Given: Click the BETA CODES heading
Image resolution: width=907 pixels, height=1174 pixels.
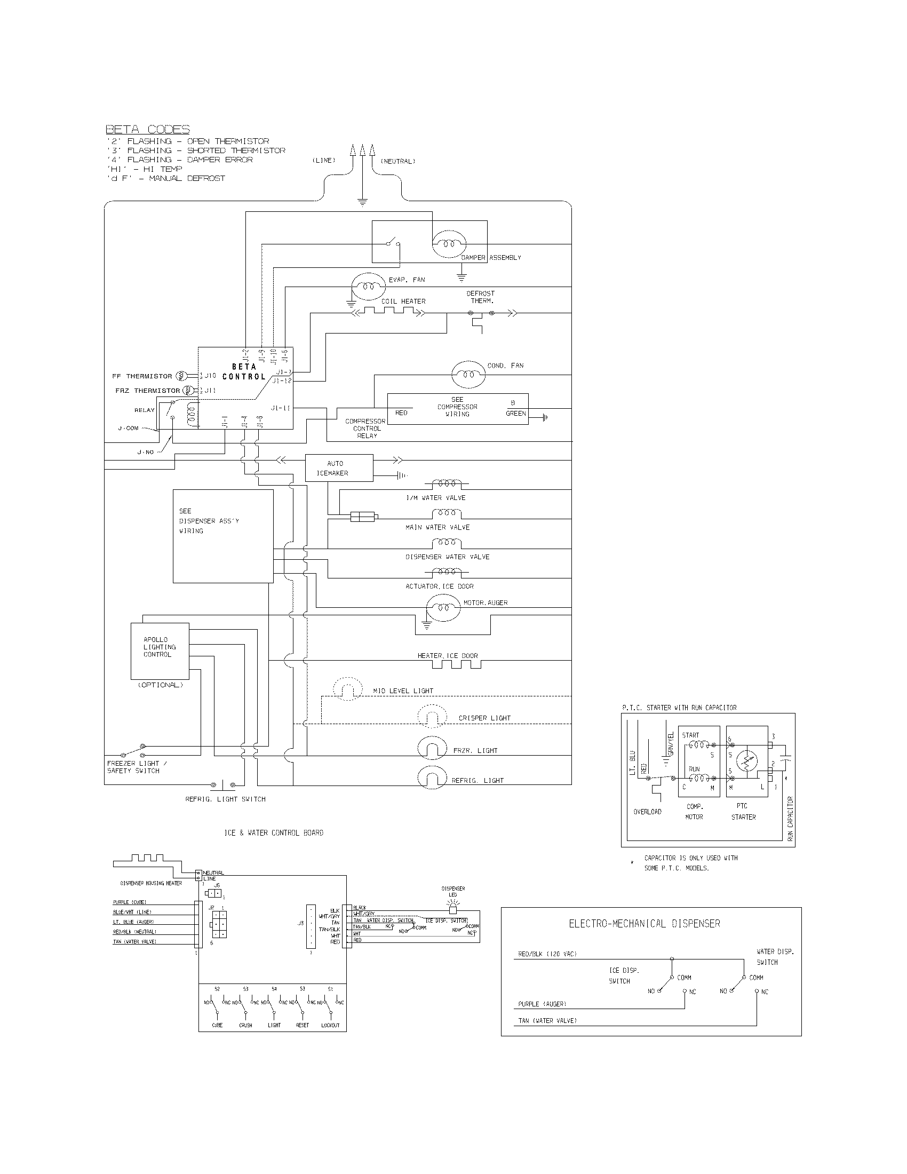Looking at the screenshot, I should (x=147, y=130).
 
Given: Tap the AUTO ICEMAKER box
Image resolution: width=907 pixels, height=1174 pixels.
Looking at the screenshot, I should (x=338, y=468).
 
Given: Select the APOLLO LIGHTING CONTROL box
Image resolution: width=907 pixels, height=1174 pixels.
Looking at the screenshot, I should (x=160, y=651).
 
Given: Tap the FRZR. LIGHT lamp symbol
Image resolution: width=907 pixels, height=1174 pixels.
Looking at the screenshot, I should (x=433, y=748).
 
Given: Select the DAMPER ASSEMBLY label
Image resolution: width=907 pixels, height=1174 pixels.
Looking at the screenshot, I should (x=491, y=258).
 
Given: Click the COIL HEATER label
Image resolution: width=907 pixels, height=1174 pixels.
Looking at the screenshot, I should (x=403, y=302).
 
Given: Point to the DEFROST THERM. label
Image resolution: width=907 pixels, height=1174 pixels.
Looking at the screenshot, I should (x=481, y=297).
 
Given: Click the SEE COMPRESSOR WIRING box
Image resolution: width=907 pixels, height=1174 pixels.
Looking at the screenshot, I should (x=457, y=409).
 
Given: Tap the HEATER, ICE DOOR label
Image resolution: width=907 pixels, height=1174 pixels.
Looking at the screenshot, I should (x=448, y=656).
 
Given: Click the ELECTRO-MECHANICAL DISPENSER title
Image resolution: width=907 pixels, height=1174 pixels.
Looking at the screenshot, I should (x=645, y=924).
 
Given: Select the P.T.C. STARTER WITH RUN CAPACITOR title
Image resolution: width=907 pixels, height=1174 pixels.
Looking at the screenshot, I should (x=679, y=708).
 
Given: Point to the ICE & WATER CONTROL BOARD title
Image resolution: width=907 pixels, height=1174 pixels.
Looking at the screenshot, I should (x=274, y=832).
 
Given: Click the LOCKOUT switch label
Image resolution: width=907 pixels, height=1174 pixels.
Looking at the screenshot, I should (x=330, y=1025).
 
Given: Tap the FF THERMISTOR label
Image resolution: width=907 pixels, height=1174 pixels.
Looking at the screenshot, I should (x=142, y=376).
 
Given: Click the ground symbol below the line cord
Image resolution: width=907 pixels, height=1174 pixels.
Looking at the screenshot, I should (x=362, y=203).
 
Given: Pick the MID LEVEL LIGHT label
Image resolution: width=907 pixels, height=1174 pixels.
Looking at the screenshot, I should (x=403, y=691).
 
